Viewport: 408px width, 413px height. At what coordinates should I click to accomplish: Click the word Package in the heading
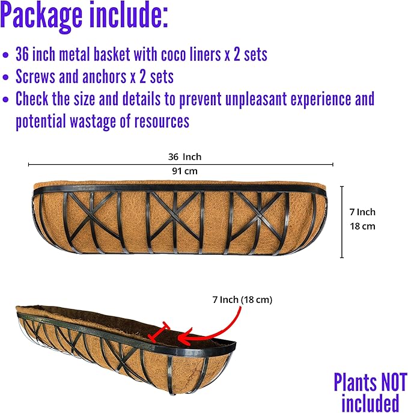pyautogui.click(x=41, y=16)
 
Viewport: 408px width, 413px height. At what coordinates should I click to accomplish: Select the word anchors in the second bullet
pyautogui.click(x=104, y=76)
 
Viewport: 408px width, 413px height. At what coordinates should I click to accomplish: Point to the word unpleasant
pyautogui.click(x=256, y=100)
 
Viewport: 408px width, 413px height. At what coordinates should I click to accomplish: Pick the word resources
pyautogui.click(x=162, y=121)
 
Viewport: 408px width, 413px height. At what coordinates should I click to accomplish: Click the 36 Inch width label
pyautogui.click(x=185, y=157)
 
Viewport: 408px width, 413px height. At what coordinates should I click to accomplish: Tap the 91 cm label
pyautogui.click(x=185, y=171)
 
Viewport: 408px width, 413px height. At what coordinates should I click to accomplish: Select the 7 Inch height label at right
pyautogui.click(x=362, y=212)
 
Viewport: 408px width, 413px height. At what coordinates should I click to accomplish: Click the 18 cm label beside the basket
pyautogui.click(x=362, y=226)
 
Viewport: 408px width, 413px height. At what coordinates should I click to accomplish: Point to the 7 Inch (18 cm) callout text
pyautogui.click(x=242, y=300)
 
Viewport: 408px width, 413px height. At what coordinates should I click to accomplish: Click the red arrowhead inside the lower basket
pyautogui.click(x=184, y=338)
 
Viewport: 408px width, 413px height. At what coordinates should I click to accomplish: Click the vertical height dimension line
pyautogui.click(x=342, y=222)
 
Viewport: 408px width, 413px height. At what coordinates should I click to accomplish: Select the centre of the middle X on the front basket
pyautogui.click(x=175, y=217)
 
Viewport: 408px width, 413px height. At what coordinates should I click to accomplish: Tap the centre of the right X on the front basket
pyautogui.click(x=259, y=217)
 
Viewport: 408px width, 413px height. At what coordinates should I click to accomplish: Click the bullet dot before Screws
pyautogui.click(x=5, y=78)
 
